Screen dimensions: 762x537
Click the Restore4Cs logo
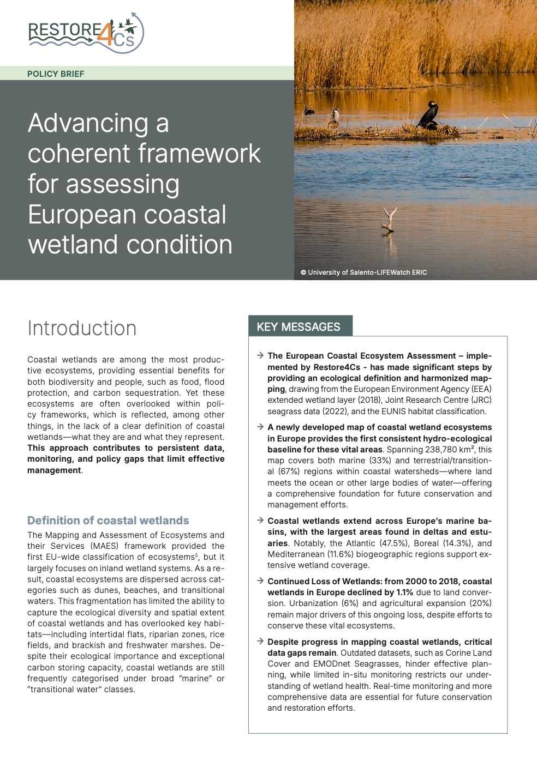(86, 33)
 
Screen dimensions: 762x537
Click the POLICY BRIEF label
(56, 74)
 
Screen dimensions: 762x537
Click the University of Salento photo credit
(363, 273)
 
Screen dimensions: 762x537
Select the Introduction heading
(82, 329)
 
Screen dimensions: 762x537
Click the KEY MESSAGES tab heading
(299, 327)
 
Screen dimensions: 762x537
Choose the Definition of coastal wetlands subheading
(108, 521)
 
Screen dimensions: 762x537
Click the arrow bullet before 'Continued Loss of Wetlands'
(260, 581)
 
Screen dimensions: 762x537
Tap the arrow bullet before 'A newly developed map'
(260, 427)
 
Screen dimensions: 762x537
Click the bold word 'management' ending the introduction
(54, 470)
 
